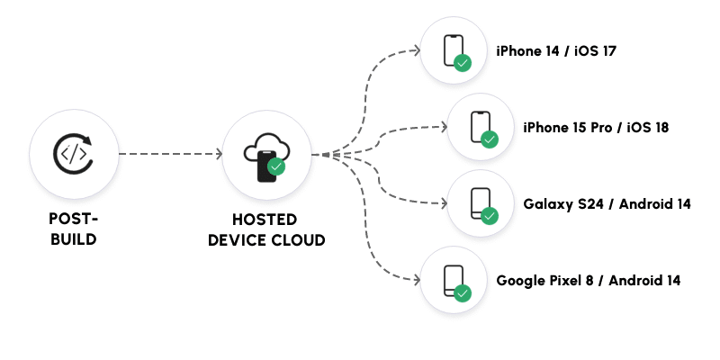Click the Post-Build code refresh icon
(73, 154)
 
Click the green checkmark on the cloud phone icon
(277, 166)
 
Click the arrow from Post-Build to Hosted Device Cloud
(170, 154)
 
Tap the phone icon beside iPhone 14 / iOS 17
(453, 50)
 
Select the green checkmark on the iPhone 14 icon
(463, 63)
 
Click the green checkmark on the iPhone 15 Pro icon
(490, 139)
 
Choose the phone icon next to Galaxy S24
(480, 203)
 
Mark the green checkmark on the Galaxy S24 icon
(490, 216)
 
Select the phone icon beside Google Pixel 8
(453, 280)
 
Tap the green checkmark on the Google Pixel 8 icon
(463, 292)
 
